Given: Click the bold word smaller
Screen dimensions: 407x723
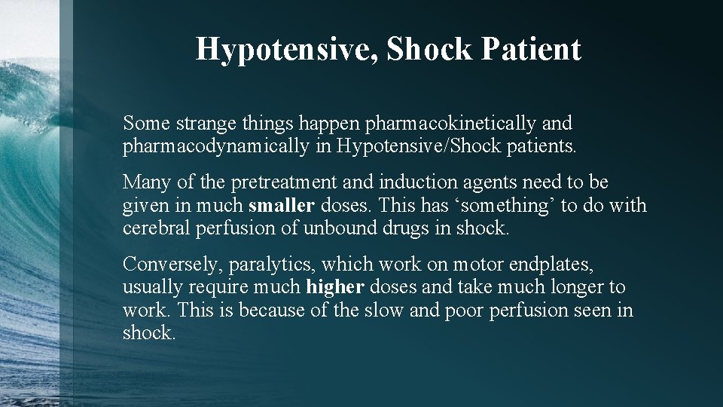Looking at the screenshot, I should pos(282,205).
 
